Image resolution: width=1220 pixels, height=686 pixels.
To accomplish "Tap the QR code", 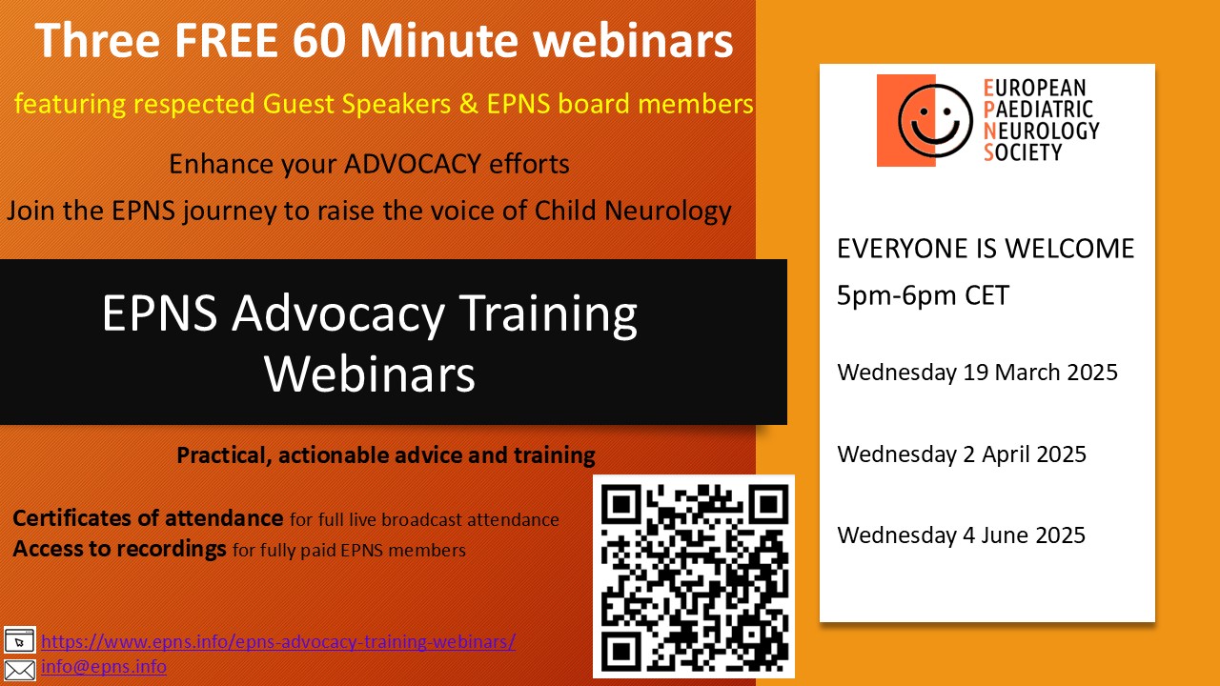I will [694, 575].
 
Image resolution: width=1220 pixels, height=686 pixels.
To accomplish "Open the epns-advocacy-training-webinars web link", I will [278, 641].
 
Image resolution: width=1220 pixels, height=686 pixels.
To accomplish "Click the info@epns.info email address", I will [104, 666].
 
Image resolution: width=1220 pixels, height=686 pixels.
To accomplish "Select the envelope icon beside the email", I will [20, 669].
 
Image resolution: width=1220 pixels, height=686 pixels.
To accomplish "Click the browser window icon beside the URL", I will [20, 639].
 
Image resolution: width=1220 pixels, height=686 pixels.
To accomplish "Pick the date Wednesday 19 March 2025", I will [977, 372].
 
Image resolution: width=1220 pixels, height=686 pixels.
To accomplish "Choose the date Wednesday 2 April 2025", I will [962, 454].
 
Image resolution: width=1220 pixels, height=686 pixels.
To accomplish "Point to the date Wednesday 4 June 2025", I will [961, 535].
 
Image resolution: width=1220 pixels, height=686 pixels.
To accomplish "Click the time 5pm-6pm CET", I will [923, 295].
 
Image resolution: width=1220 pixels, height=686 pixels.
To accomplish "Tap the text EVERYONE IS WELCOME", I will [986, 249].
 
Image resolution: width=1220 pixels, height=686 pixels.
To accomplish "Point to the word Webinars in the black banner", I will [370, 374].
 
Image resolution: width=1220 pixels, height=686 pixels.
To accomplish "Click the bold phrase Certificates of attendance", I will [148, 519].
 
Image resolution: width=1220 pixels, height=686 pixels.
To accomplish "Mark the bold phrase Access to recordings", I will [119, 549].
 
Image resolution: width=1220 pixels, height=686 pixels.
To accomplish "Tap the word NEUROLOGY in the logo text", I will [1041, 131].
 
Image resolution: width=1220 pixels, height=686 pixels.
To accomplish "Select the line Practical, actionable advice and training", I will [386, 454].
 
